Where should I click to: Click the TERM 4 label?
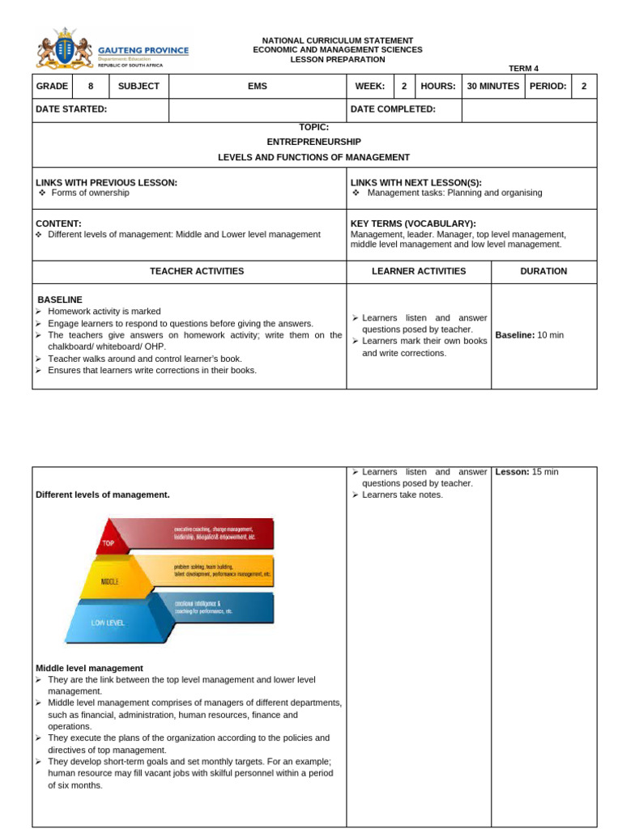pos(523,69)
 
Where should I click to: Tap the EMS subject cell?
pos(258,86)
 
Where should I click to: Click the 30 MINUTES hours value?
pos(493,86)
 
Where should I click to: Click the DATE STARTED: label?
pos(71,109)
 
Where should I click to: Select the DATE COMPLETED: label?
pos(393,109)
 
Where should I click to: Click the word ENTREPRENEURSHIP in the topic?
pos(313,142)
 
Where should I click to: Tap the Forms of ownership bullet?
pos(90,193)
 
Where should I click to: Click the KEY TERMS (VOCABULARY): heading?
pos(413,223)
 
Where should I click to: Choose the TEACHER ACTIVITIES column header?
pos(196,271)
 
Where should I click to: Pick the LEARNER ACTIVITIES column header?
pos(419,271)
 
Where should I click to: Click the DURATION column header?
pos(543,271)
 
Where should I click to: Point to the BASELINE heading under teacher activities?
pos(59,300)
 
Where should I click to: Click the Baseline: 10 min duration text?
pos(529,335)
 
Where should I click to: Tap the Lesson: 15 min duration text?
pos(526,472)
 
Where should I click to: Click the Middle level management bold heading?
pos(89,668)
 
